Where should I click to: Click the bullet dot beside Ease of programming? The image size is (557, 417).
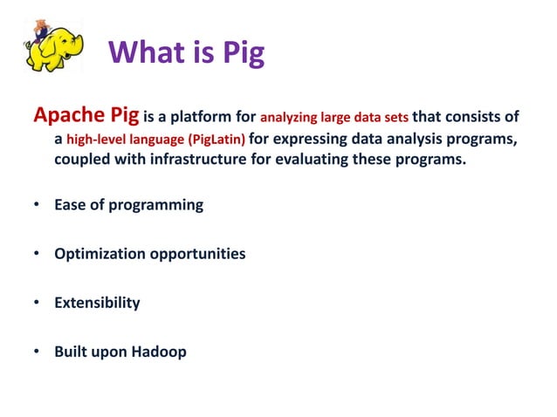pos(36,206)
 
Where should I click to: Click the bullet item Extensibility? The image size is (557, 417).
pos(97,304)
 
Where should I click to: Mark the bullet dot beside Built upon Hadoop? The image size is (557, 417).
pos(36,352)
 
